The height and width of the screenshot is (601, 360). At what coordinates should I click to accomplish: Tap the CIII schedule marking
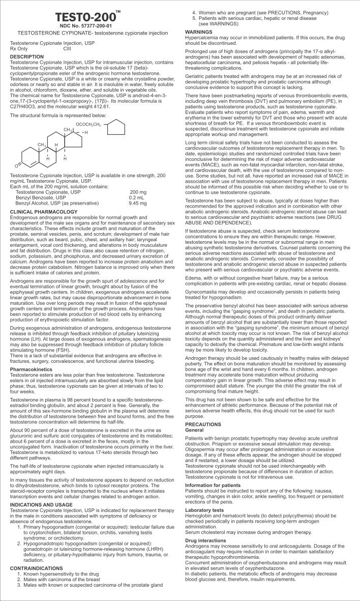[x=67, y=49]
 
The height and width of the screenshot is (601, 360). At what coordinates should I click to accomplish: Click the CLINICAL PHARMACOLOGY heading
[x=44, y=211]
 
